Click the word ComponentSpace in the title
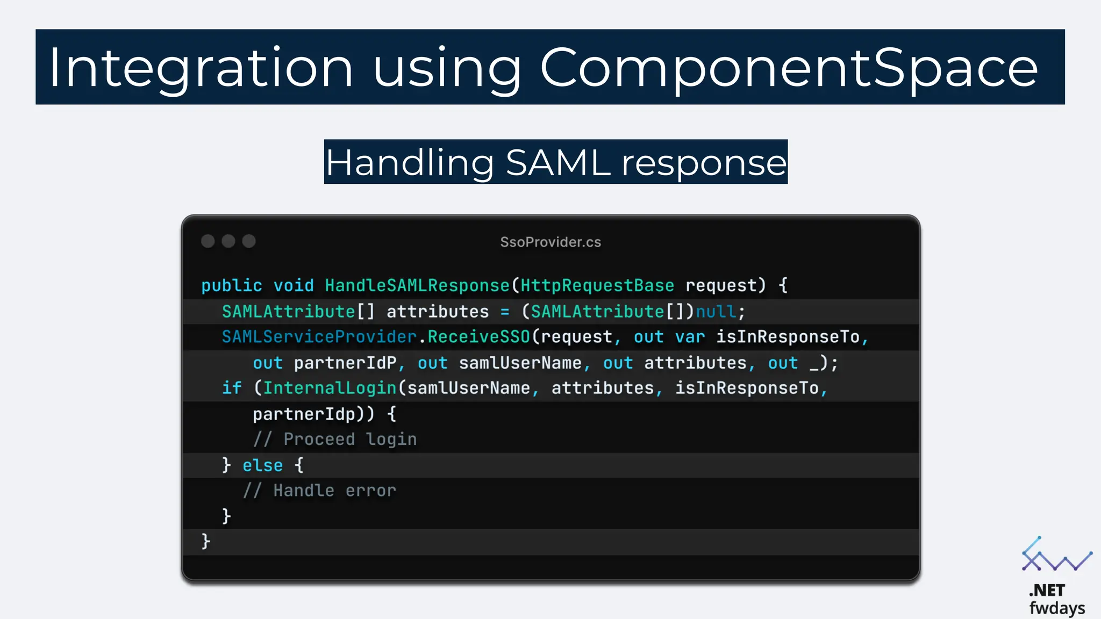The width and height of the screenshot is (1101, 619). point(789,68)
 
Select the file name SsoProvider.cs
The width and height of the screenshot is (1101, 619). point(550,242)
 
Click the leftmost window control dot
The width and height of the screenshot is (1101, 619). point(208,241)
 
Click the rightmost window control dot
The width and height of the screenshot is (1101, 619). point(248,241)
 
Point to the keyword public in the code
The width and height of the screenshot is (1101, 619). point(232,285)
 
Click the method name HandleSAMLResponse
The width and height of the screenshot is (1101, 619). point(417,285)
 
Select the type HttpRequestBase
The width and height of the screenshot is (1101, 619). point(597,285)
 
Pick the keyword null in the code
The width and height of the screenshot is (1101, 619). point(716,312)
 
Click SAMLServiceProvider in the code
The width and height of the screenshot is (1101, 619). point(319,337)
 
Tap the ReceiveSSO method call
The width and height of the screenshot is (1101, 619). point(478,337)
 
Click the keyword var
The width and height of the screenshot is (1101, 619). point(690,337)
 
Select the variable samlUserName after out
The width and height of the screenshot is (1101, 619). point(520,363)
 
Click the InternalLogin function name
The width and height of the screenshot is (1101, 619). point(330,388)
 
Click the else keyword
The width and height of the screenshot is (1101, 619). point(262,465)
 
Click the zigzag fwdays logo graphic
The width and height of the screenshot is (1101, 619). point(1056,556)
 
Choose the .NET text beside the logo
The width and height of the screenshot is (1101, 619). point(1047,591)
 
